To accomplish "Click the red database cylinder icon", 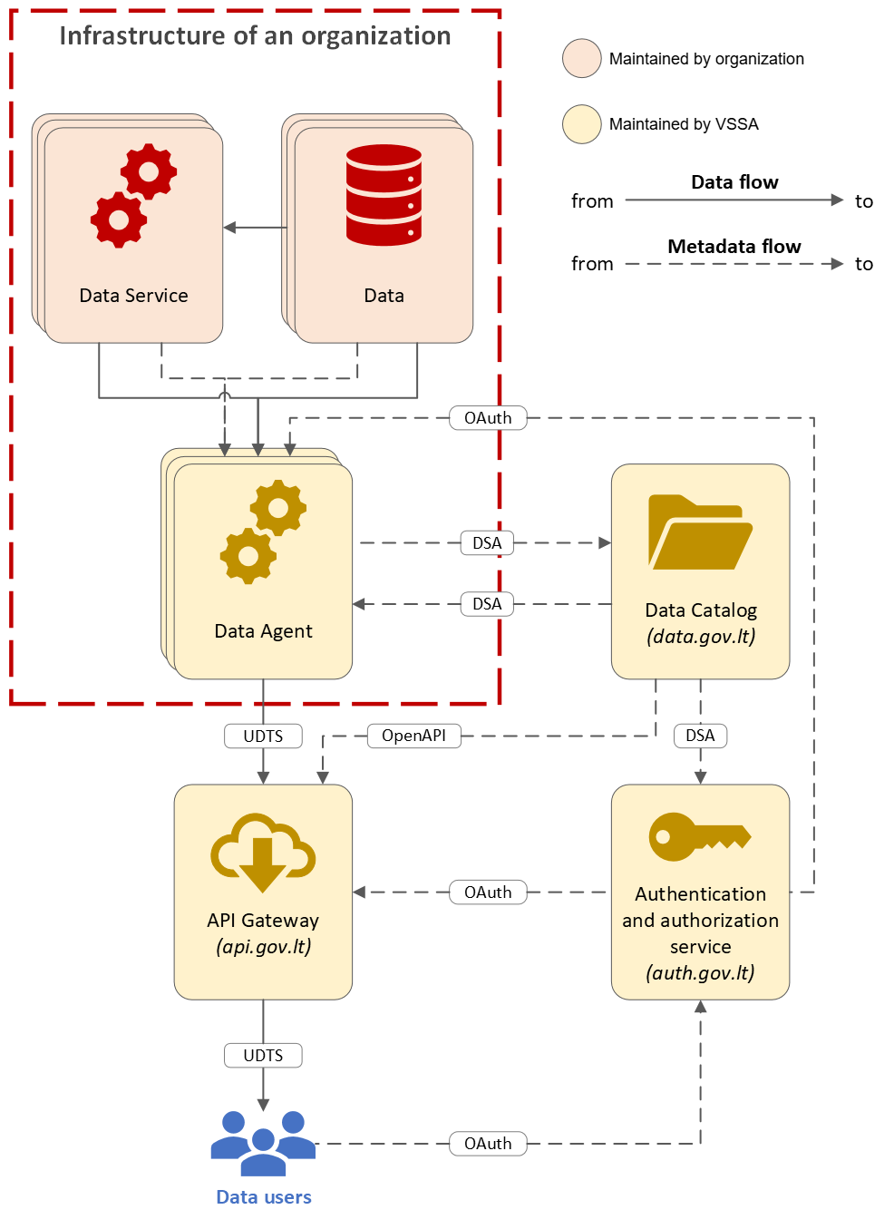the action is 384,195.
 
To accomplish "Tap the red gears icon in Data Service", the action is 133,196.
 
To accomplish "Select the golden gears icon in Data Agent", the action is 263,532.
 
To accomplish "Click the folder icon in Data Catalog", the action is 700,532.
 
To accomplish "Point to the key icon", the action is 700,836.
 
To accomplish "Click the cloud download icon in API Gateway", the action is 263,853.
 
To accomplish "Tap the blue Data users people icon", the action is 263,1143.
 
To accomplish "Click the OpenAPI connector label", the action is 413,736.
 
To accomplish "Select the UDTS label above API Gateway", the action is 263,736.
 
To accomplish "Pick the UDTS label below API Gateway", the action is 263,1055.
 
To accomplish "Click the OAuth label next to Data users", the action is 488,1144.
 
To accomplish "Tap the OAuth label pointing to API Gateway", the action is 488,892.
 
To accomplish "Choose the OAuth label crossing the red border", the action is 488,418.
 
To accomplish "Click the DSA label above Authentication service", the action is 700,736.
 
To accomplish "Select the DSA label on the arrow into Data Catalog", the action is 487,543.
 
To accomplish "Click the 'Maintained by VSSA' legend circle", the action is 581,124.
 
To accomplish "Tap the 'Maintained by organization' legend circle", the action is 581,58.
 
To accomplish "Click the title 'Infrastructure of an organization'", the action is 255,36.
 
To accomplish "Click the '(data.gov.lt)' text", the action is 700,637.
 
